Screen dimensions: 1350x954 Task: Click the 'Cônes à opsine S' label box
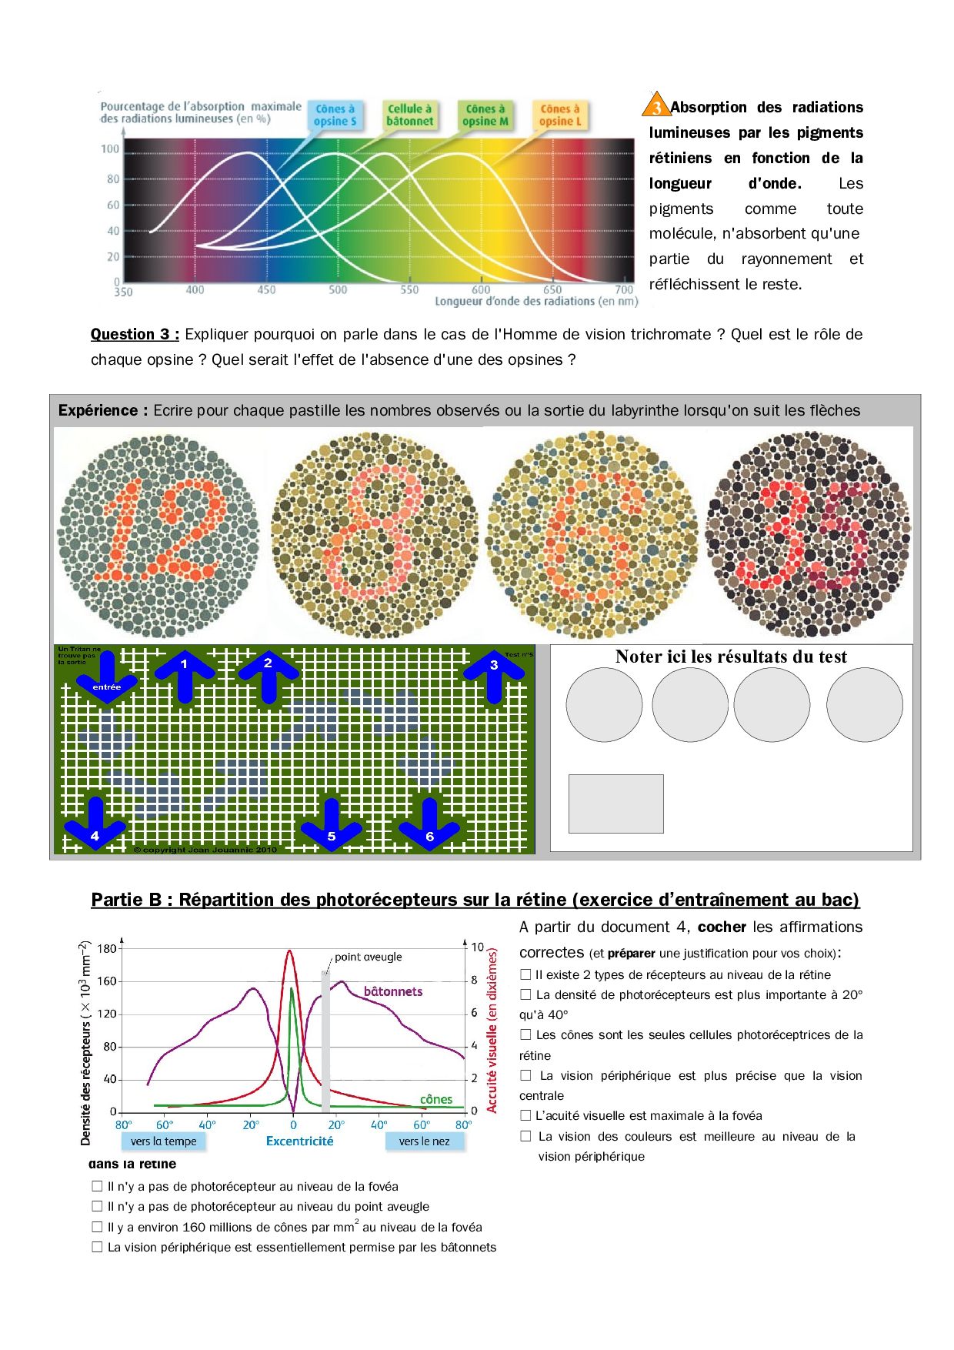(335, 115)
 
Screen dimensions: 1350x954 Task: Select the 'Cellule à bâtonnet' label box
(409, 115)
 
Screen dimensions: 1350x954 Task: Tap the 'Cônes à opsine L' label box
(560, 115)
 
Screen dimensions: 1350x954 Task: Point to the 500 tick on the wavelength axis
(338, 290)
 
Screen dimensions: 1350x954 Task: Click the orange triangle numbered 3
(656, 105)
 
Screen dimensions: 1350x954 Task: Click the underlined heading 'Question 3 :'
(135, 334)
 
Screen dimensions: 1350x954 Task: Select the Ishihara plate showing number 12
(158, 535)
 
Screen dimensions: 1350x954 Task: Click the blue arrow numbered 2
(268, 675)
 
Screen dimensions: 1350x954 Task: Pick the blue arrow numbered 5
(332, 824)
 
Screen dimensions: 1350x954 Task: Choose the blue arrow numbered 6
(429, 824)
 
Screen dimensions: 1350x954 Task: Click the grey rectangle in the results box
(615, 804)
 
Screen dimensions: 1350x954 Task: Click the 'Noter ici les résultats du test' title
(731, 657)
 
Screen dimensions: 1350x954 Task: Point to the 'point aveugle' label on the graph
(368, 957)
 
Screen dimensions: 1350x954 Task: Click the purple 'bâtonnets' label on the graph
(393, 991)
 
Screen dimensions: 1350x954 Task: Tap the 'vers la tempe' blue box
(164, 1141)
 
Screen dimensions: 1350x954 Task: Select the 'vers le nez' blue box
(425, 1141)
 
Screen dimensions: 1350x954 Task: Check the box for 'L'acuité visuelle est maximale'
(526, 1115)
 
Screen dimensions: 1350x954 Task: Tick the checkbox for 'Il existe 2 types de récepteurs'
(526, 974)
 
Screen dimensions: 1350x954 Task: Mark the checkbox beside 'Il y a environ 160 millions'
(98, 1227)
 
